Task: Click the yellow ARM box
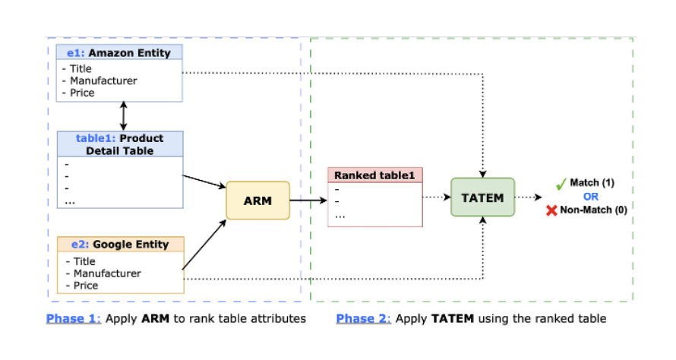pos(257,201)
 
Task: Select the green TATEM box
pos(482,197)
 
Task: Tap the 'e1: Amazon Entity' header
pos(120,52)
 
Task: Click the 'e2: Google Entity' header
pos(120,245)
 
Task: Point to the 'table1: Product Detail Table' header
pos(120,144)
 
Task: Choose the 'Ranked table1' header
pos(374,175)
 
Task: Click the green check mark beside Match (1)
pos(561,184)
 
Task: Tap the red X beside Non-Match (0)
pos(551,210)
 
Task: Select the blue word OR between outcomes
pos(591,197)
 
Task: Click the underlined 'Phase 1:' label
pos(74,318)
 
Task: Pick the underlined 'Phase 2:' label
pos(364,318)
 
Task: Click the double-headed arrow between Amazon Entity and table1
pos(123,116)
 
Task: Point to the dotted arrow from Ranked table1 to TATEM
pos(436,197)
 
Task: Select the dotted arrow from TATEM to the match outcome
pos(529,197)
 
